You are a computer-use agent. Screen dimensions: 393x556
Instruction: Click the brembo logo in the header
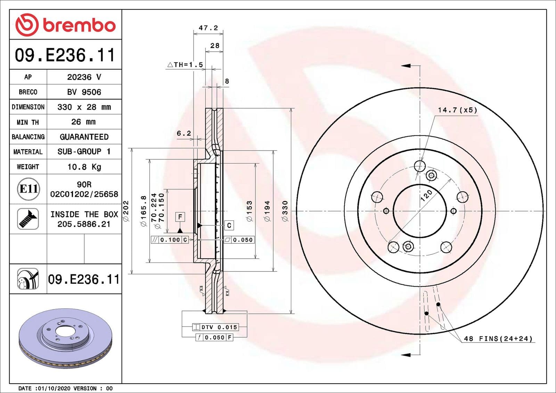pos(65,25)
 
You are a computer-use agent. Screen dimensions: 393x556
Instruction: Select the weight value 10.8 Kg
pos(84,167)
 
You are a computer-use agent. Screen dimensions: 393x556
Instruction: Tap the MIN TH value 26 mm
pos(83,122)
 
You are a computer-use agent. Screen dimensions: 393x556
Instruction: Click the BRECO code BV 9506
pos(84,92)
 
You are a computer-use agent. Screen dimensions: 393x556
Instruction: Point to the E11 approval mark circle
pos(28,189)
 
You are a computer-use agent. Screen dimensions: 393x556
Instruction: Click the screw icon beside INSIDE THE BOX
pos(28,219)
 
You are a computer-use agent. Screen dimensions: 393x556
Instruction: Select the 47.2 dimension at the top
pos(208,28)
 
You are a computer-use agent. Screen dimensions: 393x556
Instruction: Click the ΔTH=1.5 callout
pos(185,65)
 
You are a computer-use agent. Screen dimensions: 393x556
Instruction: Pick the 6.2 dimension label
pos(183,133)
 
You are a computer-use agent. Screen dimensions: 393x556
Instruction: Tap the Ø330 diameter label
pos(285,211)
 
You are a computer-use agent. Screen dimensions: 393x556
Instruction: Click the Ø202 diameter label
pos(126,211)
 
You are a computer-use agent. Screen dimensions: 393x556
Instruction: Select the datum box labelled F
pos(180,217)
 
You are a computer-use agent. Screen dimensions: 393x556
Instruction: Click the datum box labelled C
pos(229,225)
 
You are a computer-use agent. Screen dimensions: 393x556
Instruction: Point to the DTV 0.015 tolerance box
pos(215,327)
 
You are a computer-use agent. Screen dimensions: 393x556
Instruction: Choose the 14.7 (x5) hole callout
pos(457,110)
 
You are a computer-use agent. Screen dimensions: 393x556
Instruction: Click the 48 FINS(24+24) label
pos(498,338)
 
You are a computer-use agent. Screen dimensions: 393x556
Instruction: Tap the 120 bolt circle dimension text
pos(426,195)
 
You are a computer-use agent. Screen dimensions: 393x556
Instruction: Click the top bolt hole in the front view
pos(420,166)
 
